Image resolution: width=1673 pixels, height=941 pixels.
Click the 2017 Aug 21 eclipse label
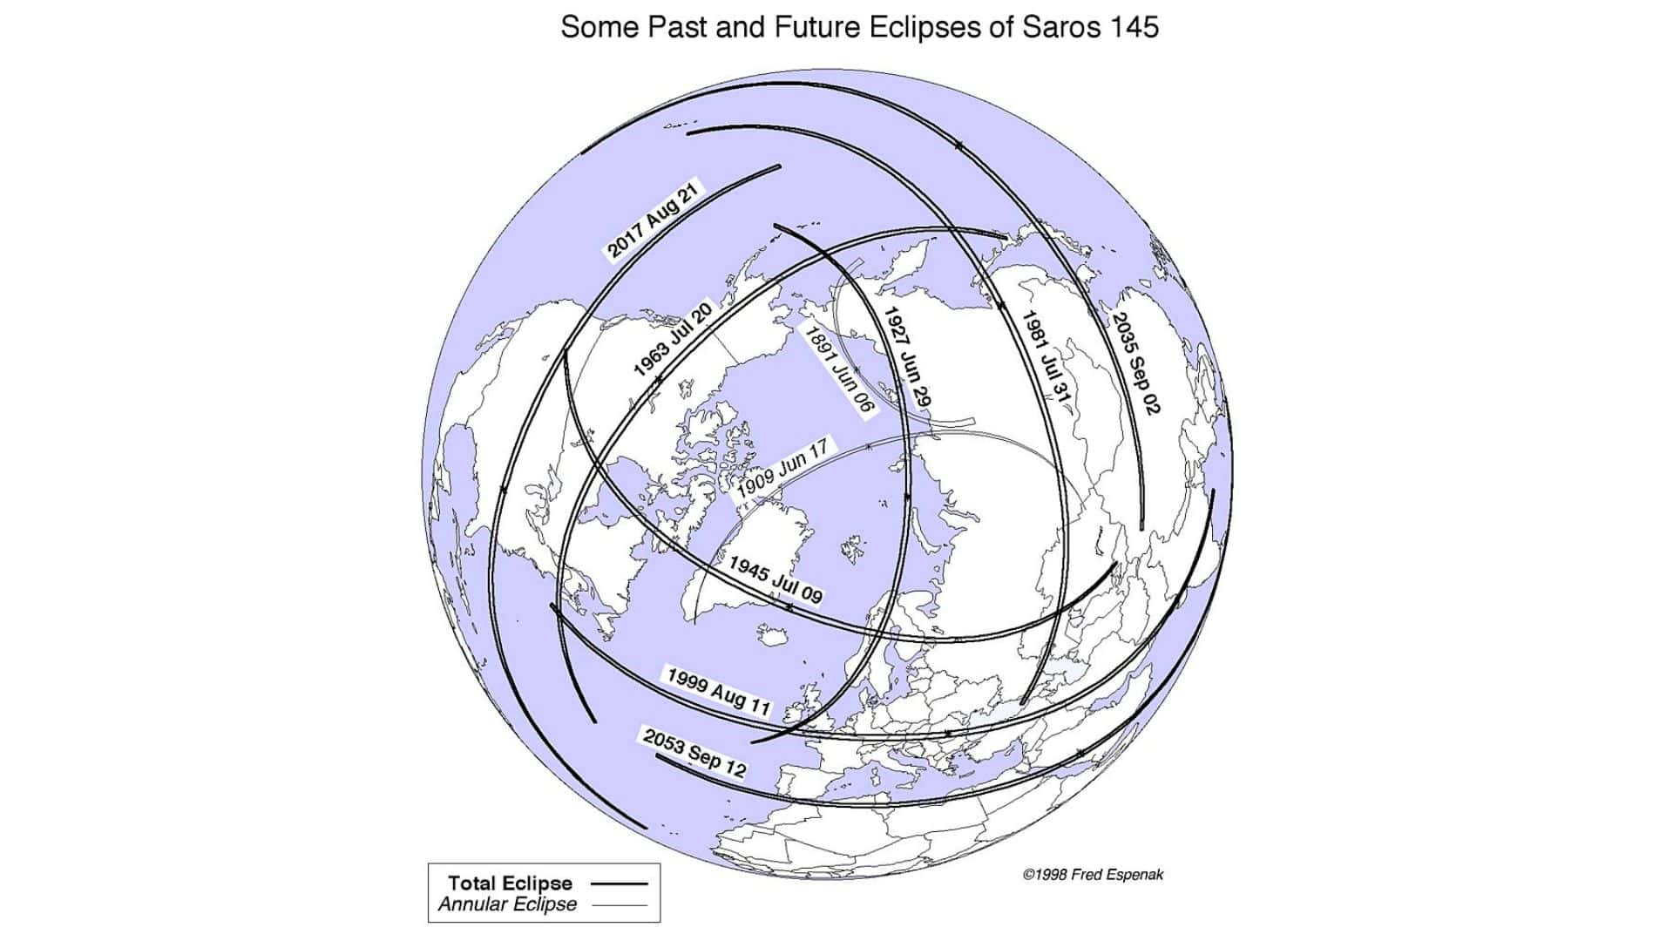[654, 221]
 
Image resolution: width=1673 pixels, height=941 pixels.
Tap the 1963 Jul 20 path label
[674, 339]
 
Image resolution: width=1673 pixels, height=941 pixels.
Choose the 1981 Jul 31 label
[1045, 358]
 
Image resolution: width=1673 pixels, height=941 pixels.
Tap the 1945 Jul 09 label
[775, 579]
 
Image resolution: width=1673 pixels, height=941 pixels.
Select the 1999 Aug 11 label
[719, 690]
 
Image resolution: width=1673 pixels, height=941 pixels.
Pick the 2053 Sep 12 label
[694, 752]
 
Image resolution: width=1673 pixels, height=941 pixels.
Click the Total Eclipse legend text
[510, 883]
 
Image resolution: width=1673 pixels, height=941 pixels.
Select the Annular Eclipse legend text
[507, 904]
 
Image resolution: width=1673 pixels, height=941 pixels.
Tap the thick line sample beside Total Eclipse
[619, 883]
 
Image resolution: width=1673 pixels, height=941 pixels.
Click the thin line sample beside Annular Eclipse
[619, 905]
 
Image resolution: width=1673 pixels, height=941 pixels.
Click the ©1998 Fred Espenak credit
[1093, 874]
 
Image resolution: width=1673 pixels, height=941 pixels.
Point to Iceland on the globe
[772, 633]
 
